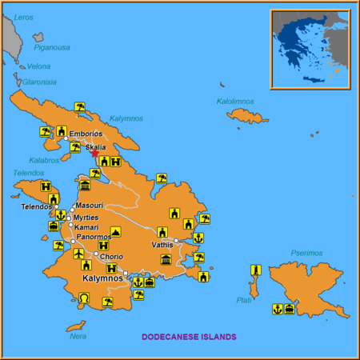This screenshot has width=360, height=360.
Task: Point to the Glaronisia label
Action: [40, 81]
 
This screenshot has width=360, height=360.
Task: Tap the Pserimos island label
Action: [306, 254]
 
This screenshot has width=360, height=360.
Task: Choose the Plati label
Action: [244, 300]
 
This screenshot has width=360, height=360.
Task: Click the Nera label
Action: [78, 336]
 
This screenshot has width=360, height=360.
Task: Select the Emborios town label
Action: [86, 134]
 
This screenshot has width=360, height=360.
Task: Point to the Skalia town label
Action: [95, 148]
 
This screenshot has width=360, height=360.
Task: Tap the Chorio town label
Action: [111, 257]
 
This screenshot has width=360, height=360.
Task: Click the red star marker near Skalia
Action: [95, 154]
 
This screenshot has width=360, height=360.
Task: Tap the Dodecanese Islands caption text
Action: [189, 337]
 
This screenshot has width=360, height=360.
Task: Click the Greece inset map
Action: [310, 47]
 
